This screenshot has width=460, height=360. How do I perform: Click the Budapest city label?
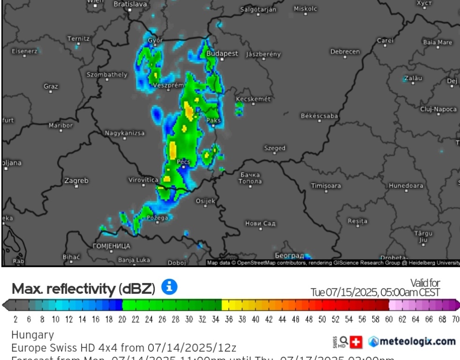click(x=222, y=53)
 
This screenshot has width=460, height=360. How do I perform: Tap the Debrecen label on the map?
click(x=345, y=52)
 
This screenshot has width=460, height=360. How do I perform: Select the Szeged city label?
click(x=274, y=148)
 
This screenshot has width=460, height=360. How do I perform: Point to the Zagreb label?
click(x=76, y=180)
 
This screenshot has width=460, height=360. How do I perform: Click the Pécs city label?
click(x=183, y=162)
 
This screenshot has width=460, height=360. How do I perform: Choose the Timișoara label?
click(x=326, y=186)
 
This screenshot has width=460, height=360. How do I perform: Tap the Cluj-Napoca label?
click(x=438, y=109)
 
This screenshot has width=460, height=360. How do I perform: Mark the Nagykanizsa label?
click(x=125, y=133)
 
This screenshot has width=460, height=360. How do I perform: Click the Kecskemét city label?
click(x=253, y=99)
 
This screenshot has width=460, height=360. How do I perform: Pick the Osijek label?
click(x=205, y=201)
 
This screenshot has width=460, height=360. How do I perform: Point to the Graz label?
click(x=51, y=86)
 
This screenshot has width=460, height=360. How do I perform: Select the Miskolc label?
click(x=305, y=8)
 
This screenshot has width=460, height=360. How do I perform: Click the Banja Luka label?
click(x=134, y=259)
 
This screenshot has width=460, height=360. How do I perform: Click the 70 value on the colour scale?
click(x=455, y=320)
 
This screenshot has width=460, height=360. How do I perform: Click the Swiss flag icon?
click(x=357, y=342)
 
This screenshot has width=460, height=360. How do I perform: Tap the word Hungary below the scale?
click(x=32, y=335)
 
